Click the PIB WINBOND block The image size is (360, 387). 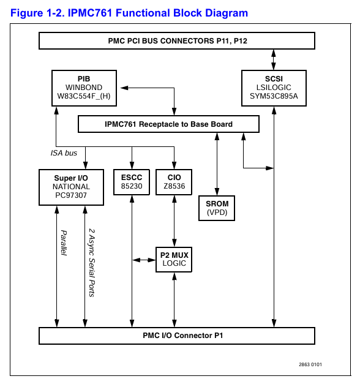pyautogui.click(x=84, y=88)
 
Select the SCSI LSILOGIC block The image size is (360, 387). pyautogui.click(x=274, y=88)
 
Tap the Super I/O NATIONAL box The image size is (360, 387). pyautogui.click(x=71, y=187)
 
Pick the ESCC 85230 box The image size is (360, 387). pyautogui.click(x=132, y=182)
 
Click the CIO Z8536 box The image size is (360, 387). pyautogui.click(x=174, y=182)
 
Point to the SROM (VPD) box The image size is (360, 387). pyautogui.click(x=217, y=208)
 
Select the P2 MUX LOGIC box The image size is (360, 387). pyautogui.click(x=174, y=260)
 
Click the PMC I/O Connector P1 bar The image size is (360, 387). pyautogui.click(x=177, y=336)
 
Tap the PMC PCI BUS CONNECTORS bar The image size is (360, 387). pyautogui.click(x=177, y=41)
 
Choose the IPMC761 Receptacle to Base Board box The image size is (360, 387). pyautogui.click(x=168, y=124)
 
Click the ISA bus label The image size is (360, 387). pyautogui.click(x=64, y=153)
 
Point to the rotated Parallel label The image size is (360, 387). pyautogui.click(x=64, y=243)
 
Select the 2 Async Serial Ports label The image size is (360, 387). pyautogui.click(x=92, y=263)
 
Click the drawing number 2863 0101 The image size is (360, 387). pyautogui.click(x=310, y=364)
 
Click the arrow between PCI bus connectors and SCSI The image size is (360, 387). pyautogui.click(x=274, y=60)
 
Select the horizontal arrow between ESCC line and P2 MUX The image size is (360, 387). pyautogui.click(x=144, y=260)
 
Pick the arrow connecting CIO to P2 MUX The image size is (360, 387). pyautogui.click(x=174, y=221)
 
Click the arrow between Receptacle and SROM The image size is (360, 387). pyautogui.click(x=217, y=164)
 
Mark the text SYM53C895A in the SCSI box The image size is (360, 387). pyautogui.click(x=274, y=96)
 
